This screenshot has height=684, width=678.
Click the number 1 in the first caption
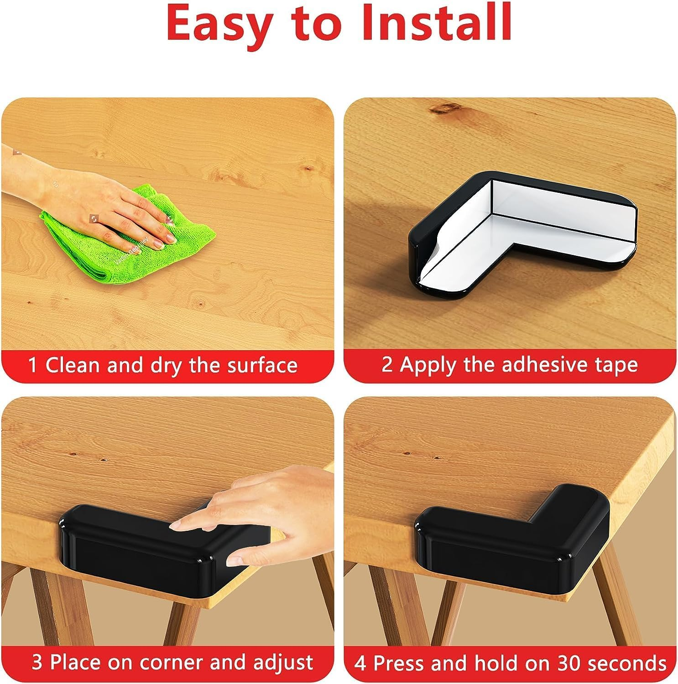[x=32, y=366]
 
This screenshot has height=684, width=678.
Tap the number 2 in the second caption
[x=387, y=365]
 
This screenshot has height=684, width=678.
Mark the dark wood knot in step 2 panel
[x=447, y=108]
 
